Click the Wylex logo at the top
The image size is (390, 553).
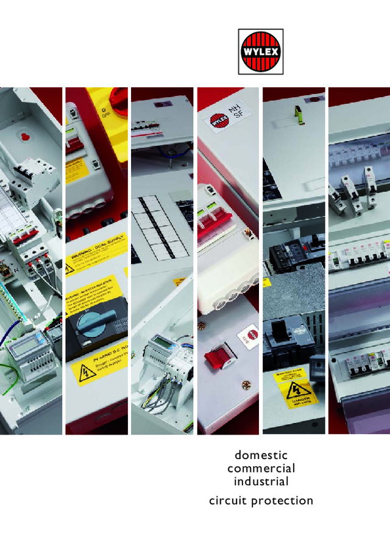pyautogui.click(x=260, y=52)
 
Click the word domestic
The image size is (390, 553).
pyautogui.click(x=261, y=455)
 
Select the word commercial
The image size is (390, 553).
pyautogui.click(x=261, y=469)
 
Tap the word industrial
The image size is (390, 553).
pyautogui.click(x=261, y=482)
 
